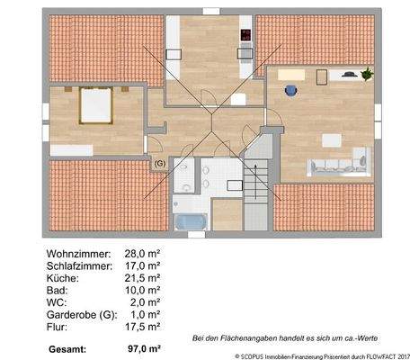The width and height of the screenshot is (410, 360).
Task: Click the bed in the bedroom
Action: pos(94,106)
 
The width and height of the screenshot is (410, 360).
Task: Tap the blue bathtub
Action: pos(188,221)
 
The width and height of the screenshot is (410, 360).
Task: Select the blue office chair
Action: pos(290,90)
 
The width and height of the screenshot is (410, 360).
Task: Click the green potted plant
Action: pos(367,75)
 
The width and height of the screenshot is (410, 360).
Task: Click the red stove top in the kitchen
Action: pos(245,36)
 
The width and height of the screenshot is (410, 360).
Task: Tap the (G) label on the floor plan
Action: pos(160,163)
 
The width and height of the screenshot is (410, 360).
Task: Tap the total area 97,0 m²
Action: pos(145,347)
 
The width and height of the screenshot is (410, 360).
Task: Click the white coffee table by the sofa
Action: pos(332,140)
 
